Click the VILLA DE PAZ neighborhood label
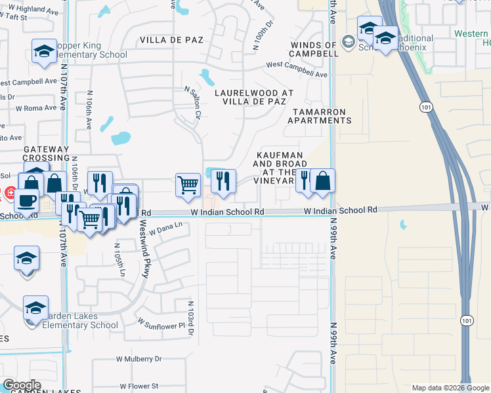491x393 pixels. click(x=171, y=40)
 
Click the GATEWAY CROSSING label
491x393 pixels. click(x=46, y=154)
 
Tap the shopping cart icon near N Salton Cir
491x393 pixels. click(x=188, y=185)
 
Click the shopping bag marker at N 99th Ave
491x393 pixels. click(x=323, y=180)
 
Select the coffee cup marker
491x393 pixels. click(x=27, y=199)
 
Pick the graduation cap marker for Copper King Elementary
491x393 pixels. click(x=44, y=51)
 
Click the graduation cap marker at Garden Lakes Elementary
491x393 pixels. click(x=35, y=308)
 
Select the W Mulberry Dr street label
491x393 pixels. click(x=139, y=359)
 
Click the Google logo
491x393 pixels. click(x=22, y=385)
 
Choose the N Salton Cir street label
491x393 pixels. click(x=192, y=103)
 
